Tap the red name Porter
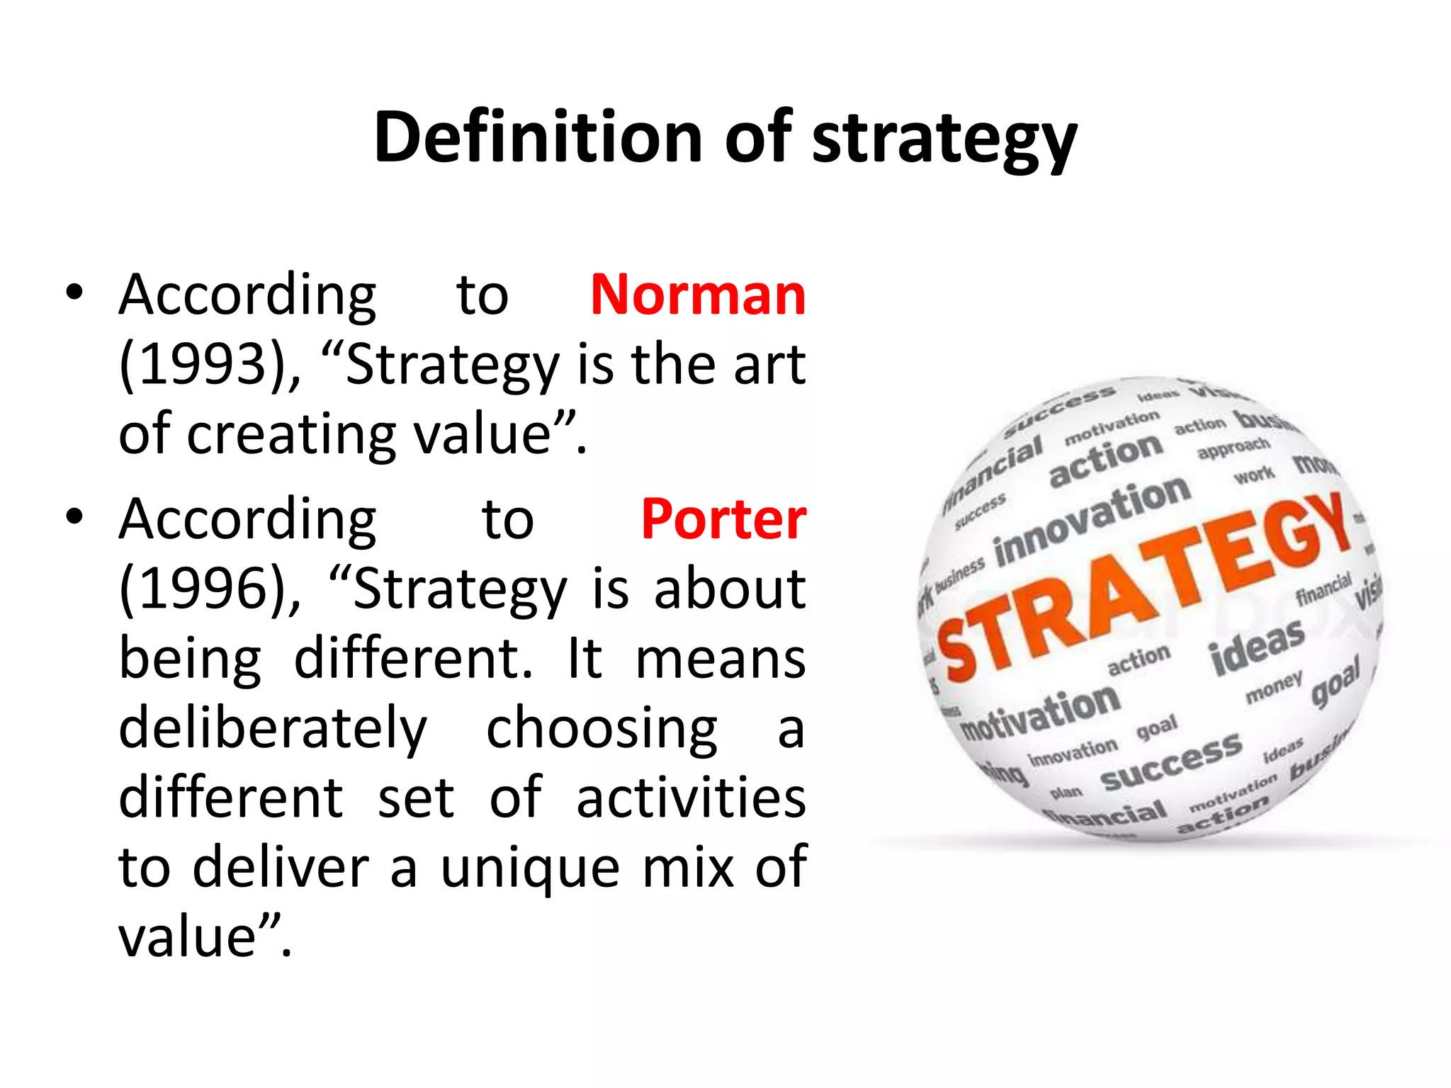pyautogui.click(x=723, y=519)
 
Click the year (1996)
pyautogui.click(x=201, y=589)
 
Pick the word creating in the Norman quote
pyautogui.click(x=291, y=435)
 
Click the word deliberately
pyautogui.click(x=273, y=728)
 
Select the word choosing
pyautogui.click(x=602, y=728)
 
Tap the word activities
pyautogui.click(x=691, y=798)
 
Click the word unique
pyautogui.click(x=530, y=868)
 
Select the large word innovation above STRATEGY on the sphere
pyautogui.click(x=1092, y=521)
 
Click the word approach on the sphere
pyautogui.click(x=1233, y=448)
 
